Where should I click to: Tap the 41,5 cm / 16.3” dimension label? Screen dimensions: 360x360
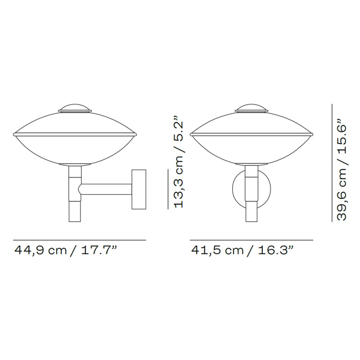pos(243,250)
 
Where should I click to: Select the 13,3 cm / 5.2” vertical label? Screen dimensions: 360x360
pos(180,163)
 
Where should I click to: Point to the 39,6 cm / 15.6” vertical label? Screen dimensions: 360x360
pos(343,170)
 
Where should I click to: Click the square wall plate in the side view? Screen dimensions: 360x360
pos(139,189)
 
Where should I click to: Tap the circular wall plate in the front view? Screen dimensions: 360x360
pos(239,189)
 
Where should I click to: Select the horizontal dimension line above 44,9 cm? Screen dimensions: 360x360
pos(79,240)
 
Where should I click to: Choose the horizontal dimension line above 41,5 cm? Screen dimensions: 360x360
pos(251,240)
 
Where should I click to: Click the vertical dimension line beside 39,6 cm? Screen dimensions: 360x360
pos(332,162)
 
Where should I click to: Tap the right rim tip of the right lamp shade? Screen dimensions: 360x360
pos(312,134)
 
